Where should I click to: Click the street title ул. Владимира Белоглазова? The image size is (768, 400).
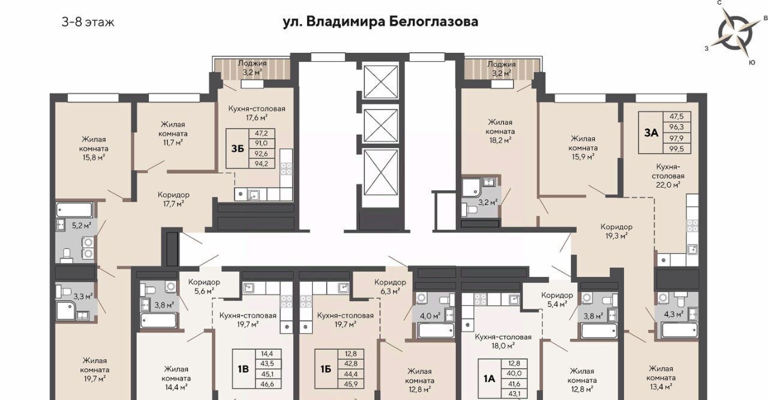point(380,22)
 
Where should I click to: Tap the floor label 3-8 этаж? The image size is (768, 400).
point(88,22)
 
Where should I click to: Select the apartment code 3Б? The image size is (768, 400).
point(238,149)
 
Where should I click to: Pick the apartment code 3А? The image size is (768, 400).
point(651,133)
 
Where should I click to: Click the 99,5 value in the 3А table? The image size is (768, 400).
point(676,148)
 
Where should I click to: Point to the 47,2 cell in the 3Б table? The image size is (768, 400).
point(261,133)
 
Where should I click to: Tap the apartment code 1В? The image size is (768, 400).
point(243,369)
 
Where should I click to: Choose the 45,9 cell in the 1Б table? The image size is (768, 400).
point(351,384)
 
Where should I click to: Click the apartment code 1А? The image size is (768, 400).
point(489,378)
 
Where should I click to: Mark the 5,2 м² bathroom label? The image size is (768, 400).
point(82,225)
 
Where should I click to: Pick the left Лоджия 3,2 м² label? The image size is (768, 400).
point(253,68)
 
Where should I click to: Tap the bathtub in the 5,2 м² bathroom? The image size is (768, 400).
point(74,210)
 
